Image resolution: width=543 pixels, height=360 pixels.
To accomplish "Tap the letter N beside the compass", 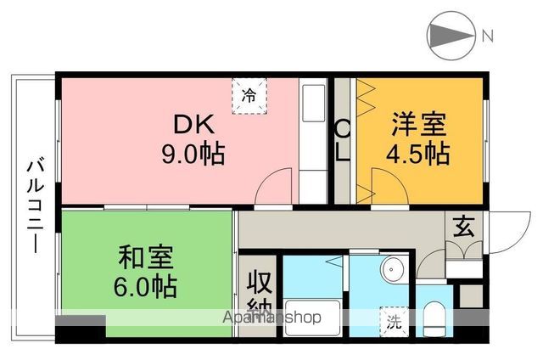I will (489, 37).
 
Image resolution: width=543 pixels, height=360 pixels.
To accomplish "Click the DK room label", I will (193, 125).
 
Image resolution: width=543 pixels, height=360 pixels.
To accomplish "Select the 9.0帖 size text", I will (193, 155).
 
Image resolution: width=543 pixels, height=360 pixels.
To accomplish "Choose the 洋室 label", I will (418, 125).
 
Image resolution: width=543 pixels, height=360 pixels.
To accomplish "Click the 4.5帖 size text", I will (418, 155).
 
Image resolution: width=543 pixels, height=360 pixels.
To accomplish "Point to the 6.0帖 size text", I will (147, 287).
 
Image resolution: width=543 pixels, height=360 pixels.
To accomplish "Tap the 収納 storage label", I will (259, 293).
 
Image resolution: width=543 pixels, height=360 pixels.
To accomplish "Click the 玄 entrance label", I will (462, 227).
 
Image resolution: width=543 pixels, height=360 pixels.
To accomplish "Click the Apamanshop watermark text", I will (271, 318).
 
